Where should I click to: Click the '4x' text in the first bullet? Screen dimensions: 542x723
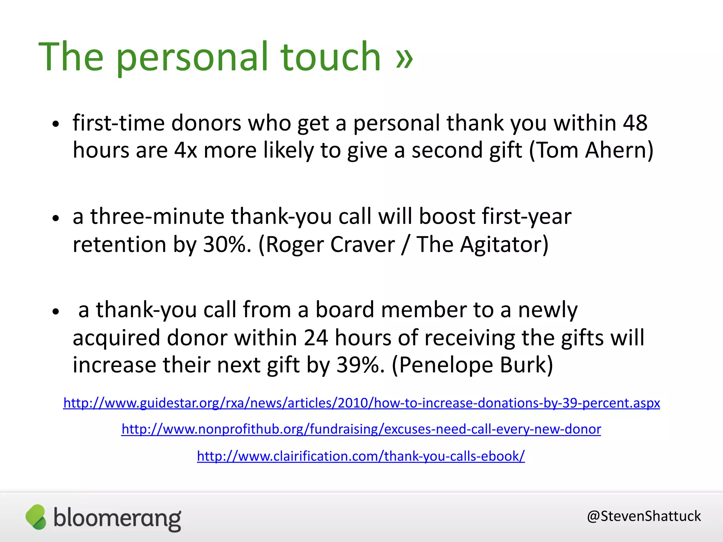click(x=185, y=150)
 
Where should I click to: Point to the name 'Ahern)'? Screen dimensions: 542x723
click(x=619, y=150)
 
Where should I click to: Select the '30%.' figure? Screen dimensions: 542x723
click(x=227, y=244)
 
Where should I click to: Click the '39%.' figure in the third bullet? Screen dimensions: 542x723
click(x=360, y=365)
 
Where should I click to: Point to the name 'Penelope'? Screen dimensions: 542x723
click(x=442, y=365)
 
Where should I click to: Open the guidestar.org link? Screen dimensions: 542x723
click(x=361, y=403)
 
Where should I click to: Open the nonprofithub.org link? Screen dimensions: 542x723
click(x=361, y=429)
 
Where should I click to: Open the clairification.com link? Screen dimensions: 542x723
click(x=361, y=456)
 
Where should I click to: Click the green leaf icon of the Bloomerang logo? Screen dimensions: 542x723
click(x=36, y=517)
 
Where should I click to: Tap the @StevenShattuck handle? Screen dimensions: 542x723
click(x=644, y=516)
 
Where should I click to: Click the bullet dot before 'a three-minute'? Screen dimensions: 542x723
click(x=55, y=218)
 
